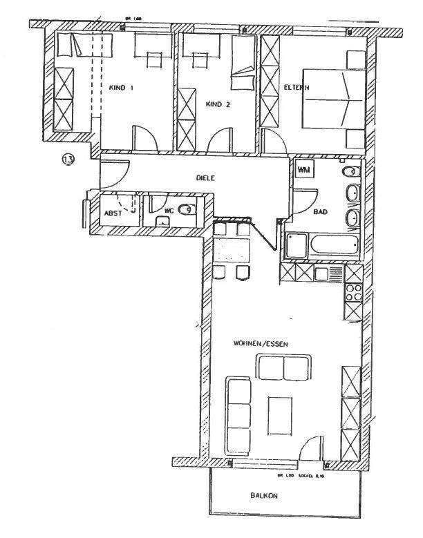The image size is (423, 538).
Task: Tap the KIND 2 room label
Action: coord(217,104)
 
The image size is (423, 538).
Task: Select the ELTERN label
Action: coord(296,87)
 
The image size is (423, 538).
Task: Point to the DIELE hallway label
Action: coord(206,177)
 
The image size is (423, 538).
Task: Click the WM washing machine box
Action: coord(303,169)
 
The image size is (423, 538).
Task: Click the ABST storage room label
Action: coord(113,214)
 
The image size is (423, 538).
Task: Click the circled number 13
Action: coord(68,160)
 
